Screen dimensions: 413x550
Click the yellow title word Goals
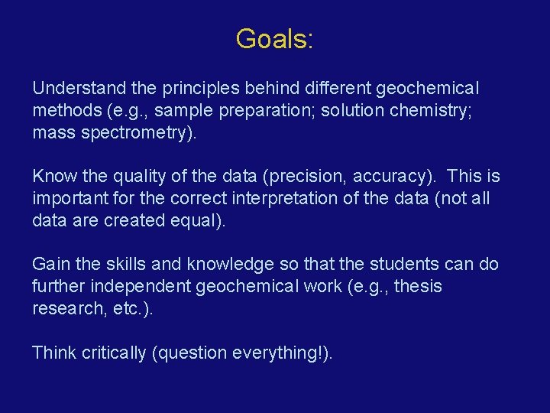click(273, 38)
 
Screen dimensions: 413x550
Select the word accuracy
click(398, 177)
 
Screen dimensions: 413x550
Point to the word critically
click(111, 353)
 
